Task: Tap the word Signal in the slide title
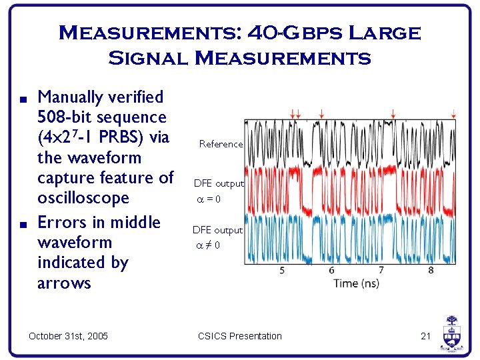coord(147,59)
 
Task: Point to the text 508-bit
coord(65,117)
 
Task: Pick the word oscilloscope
coord(83,199)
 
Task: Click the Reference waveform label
coord(221,144)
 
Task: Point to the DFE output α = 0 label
coord(218,190)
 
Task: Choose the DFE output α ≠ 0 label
coord(217,237)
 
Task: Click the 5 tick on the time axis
coord(282,270)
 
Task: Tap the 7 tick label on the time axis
coord(381,270)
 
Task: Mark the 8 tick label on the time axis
coord(431,270)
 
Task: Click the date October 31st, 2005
coord(68,336)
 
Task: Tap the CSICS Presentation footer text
coord(239,336)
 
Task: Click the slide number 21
coord(426,336)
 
